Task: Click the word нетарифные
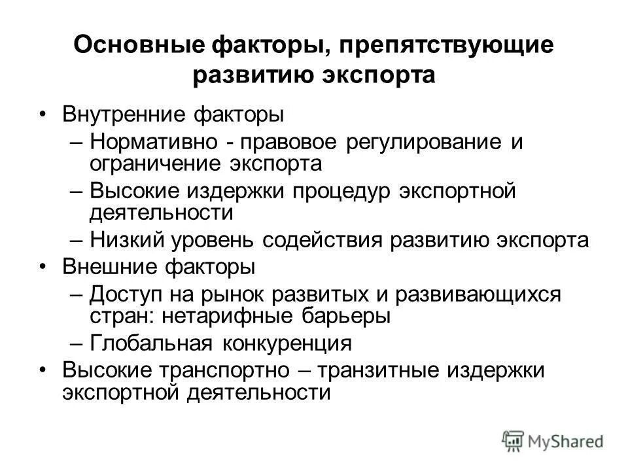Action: pyautogui.click(x=225, y=316)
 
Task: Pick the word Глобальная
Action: pyautogui.click(x=150, y=343)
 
